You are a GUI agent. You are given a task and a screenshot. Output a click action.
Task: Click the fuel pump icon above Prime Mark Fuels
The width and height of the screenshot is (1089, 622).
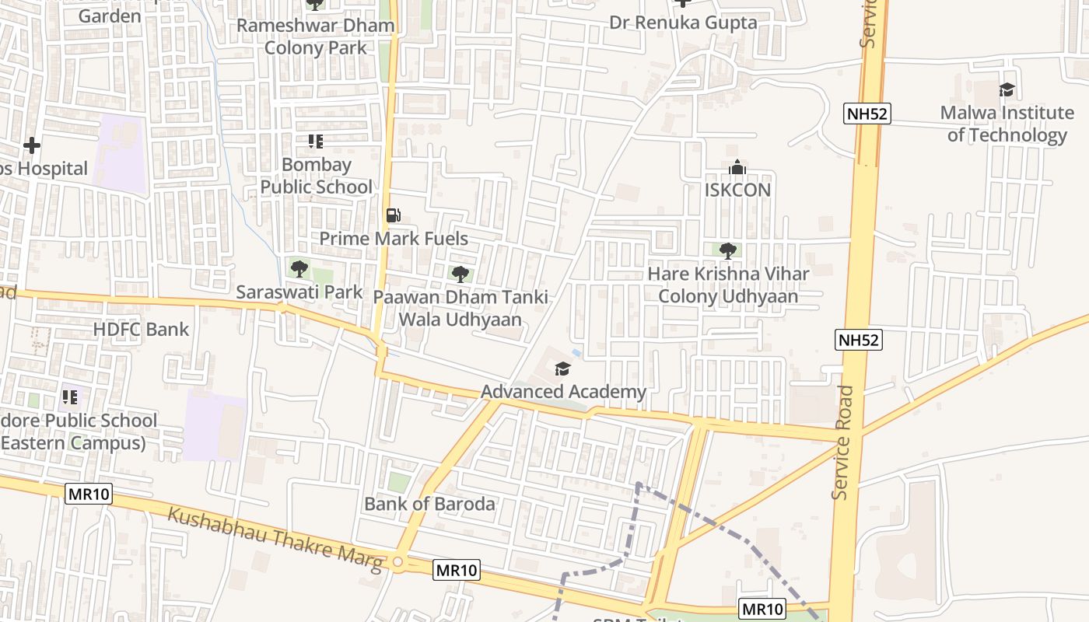pos(394,215)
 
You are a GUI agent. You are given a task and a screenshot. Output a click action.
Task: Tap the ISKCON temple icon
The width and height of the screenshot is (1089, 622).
pos(737,167)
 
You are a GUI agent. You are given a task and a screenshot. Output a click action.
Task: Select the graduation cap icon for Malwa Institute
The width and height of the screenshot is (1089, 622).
pos(1007,89)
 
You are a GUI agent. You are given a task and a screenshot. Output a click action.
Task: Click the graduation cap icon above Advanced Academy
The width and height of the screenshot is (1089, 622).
pos(562,369)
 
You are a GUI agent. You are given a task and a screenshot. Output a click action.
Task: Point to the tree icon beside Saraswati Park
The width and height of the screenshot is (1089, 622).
pos(299,269)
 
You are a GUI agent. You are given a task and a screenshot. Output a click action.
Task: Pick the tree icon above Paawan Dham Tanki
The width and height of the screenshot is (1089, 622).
pos(460,274)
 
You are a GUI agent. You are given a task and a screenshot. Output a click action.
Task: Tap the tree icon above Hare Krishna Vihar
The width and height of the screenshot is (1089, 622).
pos(728,250)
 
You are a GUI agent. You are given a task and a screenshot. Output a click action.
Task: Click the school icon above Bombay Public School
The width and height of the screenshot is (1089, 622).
pos(315,142)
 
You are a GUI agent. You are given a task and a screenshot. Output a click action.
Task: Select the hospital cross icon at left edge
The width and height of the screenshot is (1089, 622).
pos(32,145)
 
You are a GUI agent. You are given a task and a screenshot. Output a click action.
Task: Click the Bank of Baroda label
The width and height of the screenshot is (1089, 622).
pos(429,504)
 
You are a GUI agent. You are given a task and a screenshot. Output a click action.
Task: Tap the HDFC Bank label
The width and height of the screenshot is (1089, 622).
pos(141,329)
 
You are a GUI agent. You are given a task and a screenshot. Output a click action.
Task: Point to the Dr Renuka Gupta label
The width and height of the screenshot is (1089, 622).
pos(683,23)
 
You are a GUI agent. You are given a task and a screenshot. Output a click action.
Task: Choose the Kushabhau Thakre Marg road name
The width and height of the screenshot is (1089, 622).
pos(276,539)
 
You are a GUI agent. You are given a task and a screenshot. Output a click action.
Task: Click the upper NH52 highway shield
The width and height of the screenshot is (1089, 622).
pos(867,114)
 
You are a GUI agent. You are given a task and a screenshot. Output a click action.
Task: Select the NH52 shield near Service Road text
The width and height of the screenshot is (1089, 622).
pos(859,340)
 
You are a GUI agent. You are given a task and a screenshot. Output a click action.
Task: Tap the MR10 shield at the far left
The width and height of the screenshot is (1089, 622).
pos(89,494)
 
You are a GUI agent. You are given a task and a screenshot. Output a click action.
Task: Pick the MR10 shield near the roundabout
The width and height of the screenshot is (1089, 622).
pos(456,570)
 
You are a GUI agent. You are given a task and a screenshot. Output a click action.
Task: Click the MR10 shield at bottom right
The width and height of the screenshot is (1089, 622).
pos(762,609)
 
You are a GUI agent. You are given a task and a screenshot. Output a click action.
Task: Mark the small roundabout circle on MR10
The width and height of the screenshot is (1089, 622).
pos(398,561)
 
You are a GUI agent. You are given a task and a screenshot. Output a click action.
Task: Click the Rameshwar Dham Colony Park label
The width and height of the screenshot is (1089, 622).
pos(315,37)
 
